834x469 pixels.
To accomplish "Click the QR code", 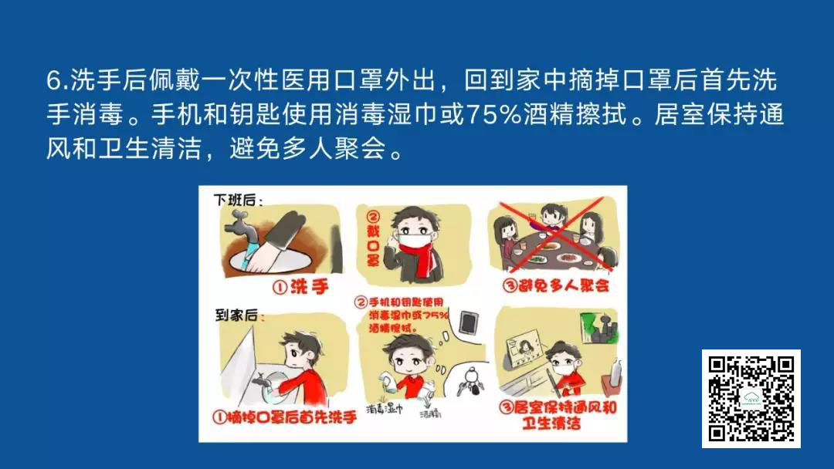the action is click(x=751, y=398).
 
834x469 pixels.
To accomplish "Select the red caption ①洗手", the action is click(x=300, y=288).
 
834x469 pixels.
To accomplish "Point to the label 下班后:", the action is click(x=239, y=200).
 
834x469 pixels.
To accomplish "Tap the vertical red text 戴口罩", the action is click(x=373, y=239).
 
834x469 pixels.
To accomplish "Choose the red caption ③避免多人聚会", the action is click(x=555, y=285).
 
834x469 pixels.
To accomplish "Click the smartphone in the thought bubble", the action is click(x=468, y=322).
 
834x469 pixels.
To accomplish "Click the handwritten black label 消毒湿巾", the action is click(x=384, y=409).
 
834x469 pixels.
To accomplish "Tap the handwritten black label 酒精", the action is click(x=430, y=413).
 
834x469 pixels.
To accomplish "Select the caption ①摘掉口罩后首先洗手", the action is click(x=284, y=417).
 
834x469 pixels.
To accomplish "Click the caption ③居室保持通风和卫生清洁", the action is click(x=558, y=415).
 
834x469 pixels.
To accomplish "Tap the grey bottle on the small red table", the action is click(x=615, y=372).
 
